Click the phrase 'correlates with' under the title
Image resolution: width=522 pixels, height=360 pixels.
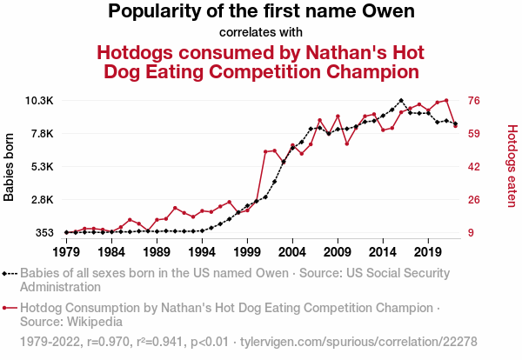pos(261,33)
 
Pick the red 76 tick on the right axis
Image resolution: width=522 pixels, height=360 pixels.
pos(474,101)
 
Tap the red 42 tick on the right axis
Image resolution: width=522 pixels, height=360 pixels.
pos(474,167)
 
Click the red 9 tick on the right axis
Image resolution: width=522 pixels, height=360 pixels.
pos(471,233)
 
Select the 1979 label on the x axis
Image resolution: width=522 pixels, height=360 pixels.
pos(66,252)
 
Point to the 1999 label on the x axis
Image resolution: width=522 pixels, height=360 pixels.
pos(247,252)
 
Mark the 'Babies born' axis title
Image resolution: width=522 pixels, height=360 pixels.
pos(10,167)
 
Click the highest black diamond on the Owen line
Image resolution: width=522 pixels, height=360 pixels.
pos(400,101)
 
